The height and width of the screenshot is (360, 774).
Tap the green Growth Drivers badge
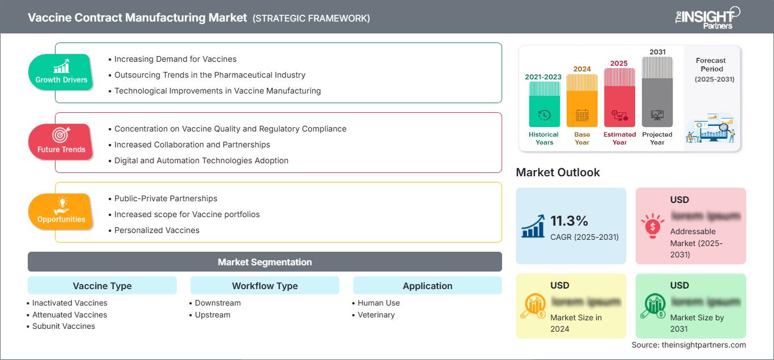point(61,72)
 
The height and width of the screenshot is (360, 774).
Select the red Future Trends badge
point(61,142)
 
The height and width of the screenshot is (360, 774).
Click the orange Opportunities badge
point(61,211)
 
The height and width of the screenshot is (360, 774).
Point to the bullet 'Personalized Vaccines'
point(157,230)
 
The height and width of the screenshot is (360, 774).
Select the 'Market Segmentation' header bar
point(265,262)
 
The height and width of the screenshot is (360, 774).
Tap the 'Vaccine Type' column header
point(102,286)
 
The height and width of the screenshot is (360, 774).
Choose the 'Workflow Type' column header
point(265,286)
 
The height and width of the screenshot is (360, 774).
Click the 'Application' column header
point(427,286)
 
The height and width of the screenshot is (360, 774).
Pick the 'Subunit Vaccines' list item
point(63,326)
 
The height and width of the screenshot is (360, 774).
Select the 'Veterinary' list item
point(376,315)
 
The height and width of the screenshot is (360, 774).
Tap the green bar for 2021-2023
point(544,105)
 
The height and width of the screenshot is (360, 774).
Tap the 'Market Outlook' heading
point(558,172)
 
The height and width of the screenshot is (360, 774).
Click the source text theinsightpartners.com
point(689,345)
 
